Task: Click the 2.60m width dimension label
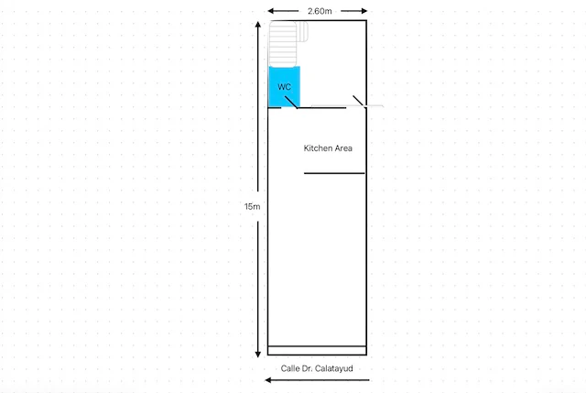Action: [x=320, y=11]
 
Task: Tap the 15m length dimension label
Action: [x=253, y=206]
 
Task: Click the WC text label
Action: [x=284, y=87]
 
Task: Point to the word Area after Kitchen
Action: [x=342, y=148]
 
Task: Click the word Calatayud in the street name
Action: [x=333, y=368]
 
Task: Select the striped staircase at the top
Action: [x=283, y=44]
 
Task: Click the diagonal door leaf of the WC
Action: [x=291, y=103]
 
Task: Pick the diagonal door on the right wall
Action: [x=358, y=101]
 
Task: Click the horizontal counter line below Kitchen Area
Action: [x=334, y=173]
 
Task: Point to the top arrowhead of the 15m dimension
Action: [x=258, y=25]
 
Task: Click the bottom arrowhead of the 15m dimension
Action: [x=258, y=355]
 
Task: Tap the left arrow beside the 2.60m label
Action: [x=283, y=11]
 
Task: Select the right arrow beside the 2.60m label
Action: [x=354, y=11]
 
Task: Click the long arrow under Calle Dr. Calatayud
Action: [x=317, y=380]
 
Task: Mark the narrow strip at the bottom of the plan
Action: [x=317, y=350]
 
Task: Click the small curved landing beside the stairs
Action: [x=303, y=31]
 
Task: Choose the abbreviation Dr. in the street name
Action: [x=307, y=368]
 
